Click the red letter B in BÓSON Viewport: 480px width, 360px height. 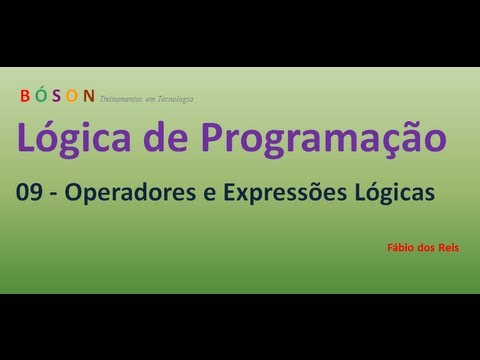coord(24,96)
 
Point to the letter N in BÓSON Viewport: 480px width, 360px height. coord(88,96)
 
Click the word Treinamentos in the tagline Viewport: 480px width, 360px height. coord(123,99)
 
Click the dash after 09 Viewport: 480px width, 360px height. coord(56,196)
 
